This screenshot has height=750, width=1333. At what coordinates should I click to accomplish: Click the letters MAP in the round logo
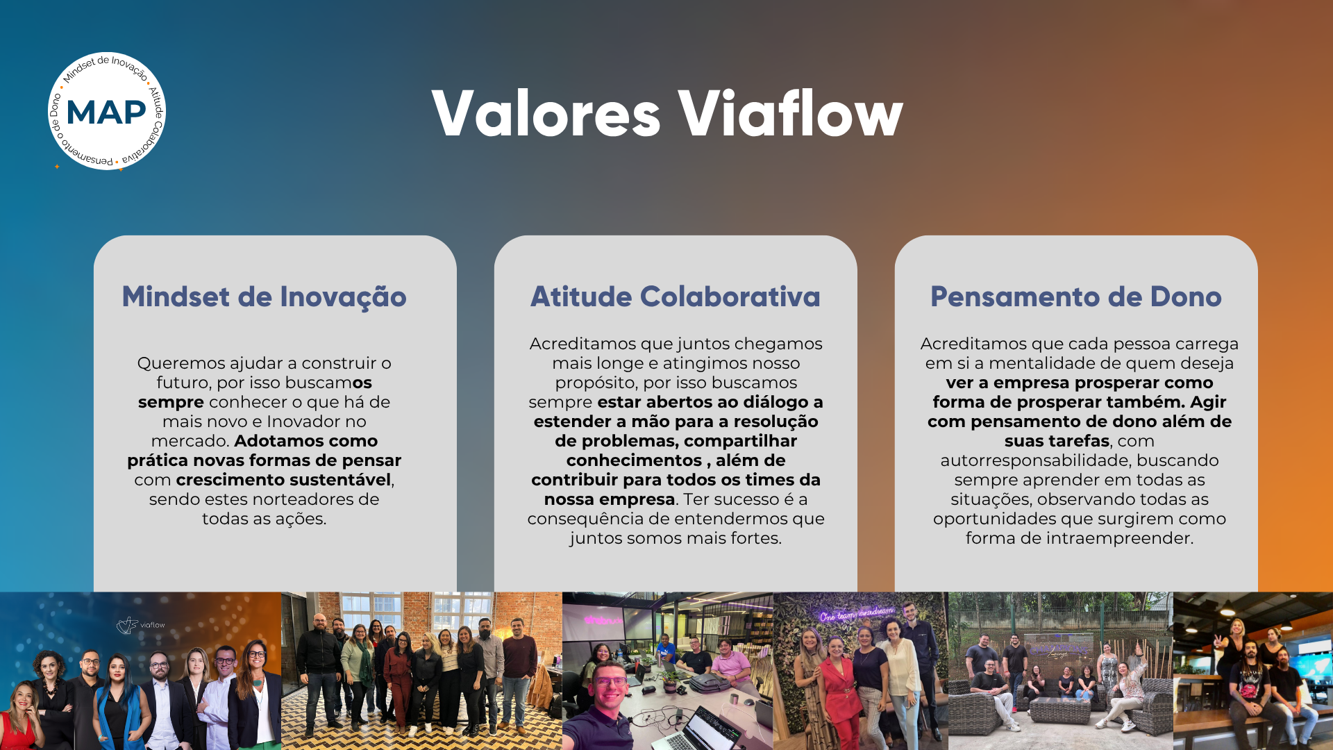(x=106, y=112)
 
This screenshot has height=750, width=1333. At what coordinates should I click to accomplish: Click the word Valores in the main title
(x=546, y=114)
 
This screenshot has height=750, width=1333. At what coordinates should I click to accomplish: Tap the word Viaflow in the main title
(x=790, y=114)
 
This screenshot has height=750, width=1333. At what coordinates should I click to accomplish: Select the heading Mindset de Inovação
(x=265, y=297)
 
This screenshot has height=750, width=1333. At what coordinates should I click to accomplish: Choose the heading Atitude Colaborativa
(x=676, y=297)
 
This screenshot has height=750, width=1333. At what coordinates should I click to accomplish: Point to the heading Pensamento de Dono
(x=1076, y=297)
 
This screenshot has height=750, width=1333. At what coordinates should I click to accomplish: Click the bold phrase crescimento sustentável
(x=284, y=480)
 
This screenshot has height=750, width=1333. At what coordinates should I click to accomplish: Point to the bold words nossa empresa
(x=610, y=499)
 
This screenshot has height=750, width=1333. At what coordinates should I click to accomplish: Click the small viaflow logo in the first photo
(x=141, y=625)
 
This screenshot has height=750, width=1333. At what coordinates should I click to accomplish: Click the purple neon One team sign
(x=857, y=613)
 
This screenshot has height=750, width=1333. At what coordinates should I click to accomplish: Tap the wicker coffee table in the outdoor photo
(x=1059, y=710)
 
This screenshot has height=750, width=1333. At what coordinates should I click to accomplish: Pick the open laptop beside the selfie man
(x=701, y=729)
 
